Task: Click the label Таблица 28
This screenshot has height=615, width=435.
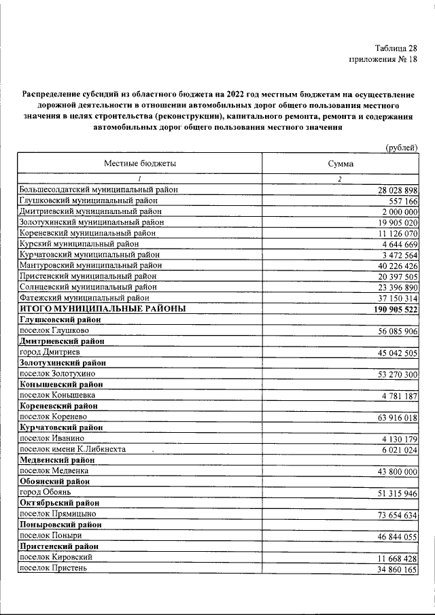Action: [x=396, y=48]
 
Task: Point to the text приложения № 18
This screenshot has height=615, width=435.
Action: [x=383, y=60]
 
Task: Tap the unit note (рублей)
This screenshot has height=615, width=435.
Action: [x=401, y=148]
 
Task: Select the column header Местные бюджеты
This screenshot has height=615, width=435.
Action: [x=140, y=164]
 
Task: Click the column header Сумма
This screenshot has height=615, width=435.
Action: [x=340, y=164]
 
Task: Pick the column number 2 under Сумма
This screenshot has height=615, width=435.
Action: [x=339, y=179]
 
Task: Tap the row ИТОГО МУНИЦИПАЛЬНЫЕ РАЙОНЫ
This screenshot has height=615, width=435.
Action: [x=103, y=309]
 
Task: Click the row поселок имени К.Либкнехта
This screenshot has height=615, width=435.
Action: [x=72, y=449]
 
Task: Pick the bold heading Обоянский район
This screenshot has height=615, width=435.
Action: [x=56, y=481]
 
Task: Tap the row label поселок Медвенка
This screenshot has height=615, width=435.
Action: [x=54, y=470]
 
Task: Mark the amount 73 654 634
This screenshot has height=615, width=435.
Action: [x=397, y=514]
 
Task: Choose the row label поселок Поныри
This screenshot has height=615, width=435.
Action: [x=52, y=535]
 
